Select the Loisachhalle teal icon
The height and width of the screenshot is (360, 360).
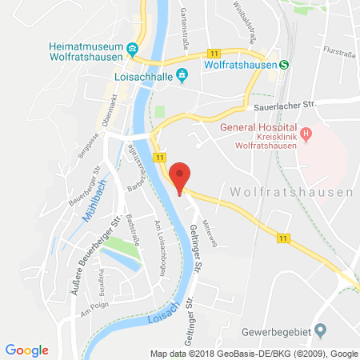coord(182,75)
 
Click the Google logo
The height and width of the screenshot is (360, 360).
coord(27,350)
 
